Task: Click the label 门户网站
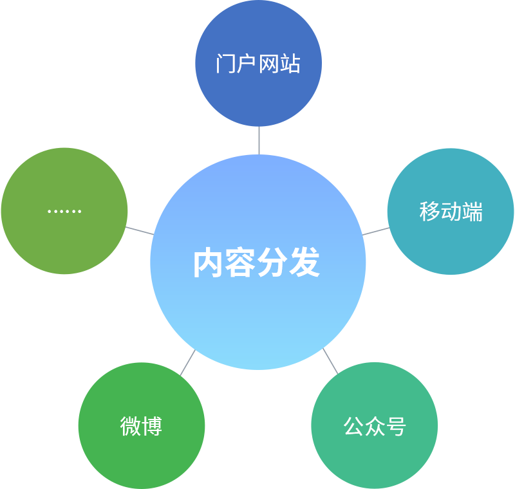coord(258,64)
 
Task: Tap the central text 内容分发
coord(257,263)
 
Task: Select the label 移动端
coord(451,211)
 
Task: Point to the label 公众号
coord(375,426)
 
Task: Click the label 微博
coord(141,426)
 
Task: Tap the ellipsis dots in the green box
coord(64,211)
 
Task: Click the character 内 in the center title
coord(209,263)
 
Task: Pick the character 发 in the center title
coord(304,263)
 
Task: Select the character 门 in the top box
coord(226,64)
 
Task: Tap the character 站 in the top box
coord(290,64)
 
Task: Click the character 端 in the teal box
coord(472,211)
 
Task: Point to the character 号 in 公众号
coord(396,426)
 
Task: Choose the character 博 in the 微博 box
coord(152,426)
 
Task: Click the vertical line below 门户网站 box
coord(259,140)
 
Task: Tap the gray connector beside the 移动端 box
coord(369,223)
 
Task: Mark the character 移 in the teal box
coord(429,211)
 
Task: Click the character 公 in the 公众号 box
coord(353,426)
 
